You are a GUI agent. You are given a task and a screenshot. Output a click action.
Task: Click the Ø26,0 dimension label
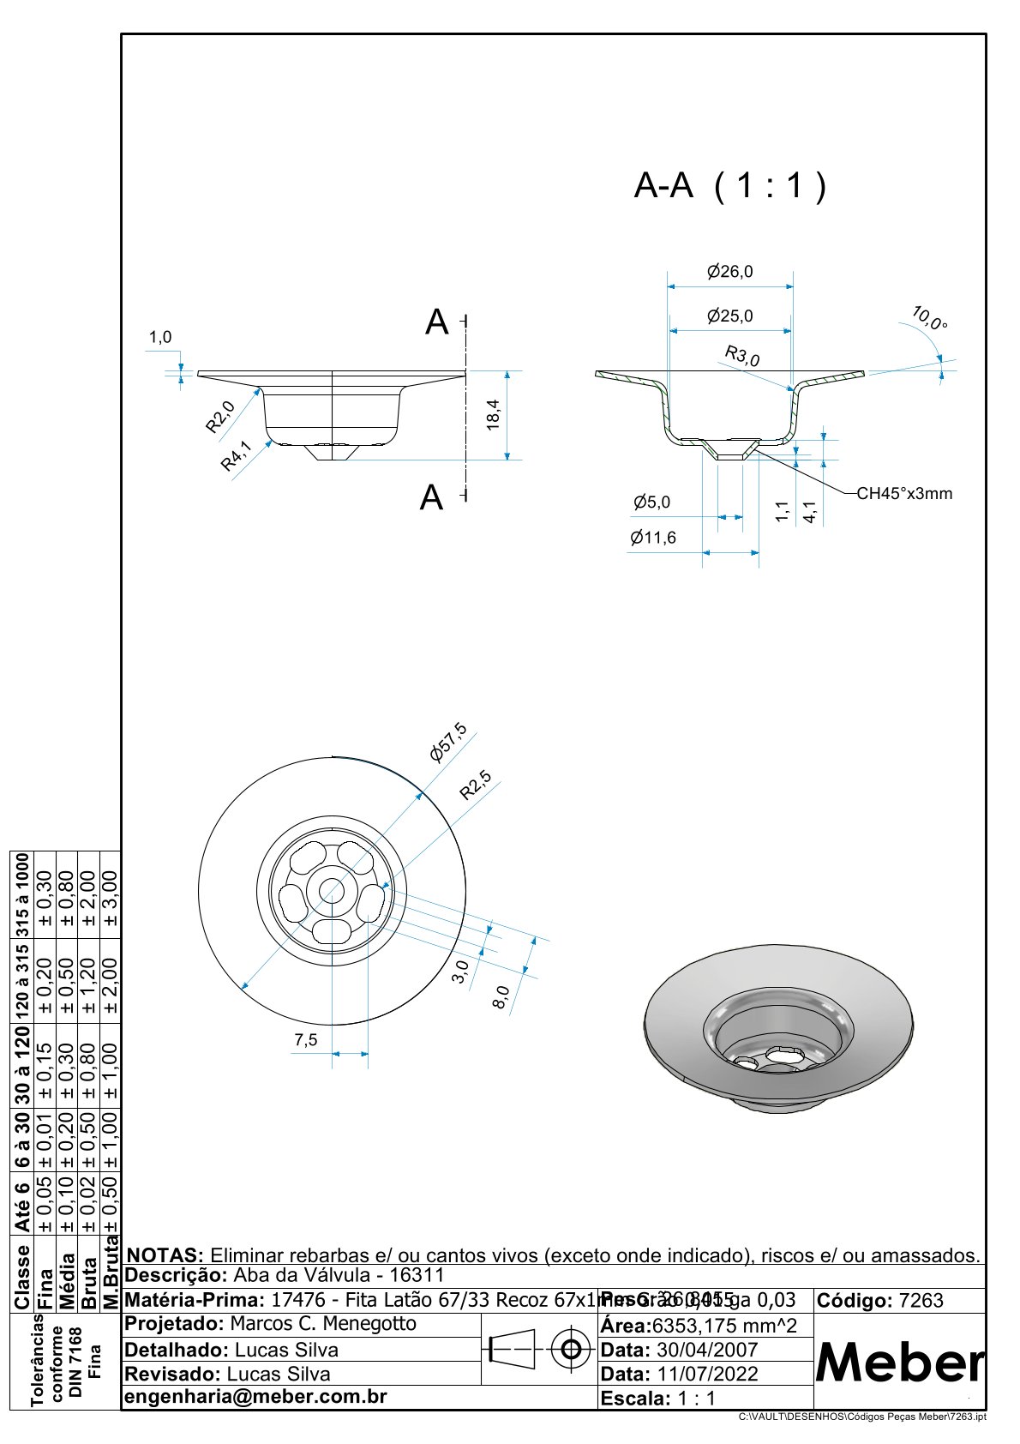729,272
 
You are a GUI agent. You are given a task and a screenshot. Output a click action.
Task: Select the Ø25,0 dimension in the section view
729,316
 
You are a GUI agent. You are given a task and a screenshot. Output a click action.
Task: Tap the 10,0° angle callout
929,318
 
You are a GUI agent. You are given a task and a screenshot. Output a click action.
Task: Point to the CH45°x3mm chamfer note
904,493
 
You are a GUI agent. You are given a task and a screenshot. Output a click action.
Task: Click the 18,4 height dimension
493,415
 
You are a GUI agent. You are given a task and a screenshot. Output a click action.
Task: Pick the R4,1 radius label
237,455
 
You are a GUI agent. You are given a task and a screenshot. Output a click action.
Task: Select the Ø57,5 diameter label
448,742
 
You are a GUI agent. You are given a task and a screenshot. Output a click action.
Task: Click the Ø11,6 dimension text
652,538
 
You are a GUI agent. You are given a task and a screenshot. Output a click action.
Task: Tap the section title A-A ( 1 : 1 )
730,185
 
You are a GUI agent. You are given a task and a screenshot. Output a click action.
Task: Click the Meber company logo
899,1362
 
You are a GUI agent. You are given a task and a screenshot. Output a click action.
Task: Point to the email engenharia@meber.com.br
256,1396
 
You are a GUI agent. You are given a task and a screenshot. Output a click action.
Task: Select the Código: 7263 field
880,1300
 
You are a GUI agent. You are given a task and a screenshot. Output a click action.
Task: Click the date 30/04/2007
706,1349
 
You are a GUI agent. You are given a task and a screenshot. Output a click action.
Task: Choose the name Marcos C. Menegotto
323,1323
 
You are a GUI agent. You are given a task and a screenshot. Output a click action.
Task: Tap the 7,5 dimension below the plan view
305,1039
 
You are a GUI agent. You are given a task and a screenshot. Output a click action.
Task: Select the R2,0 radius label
219,418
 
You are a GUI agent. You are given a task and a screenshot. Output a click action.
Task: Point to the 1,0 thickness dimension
160,337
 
